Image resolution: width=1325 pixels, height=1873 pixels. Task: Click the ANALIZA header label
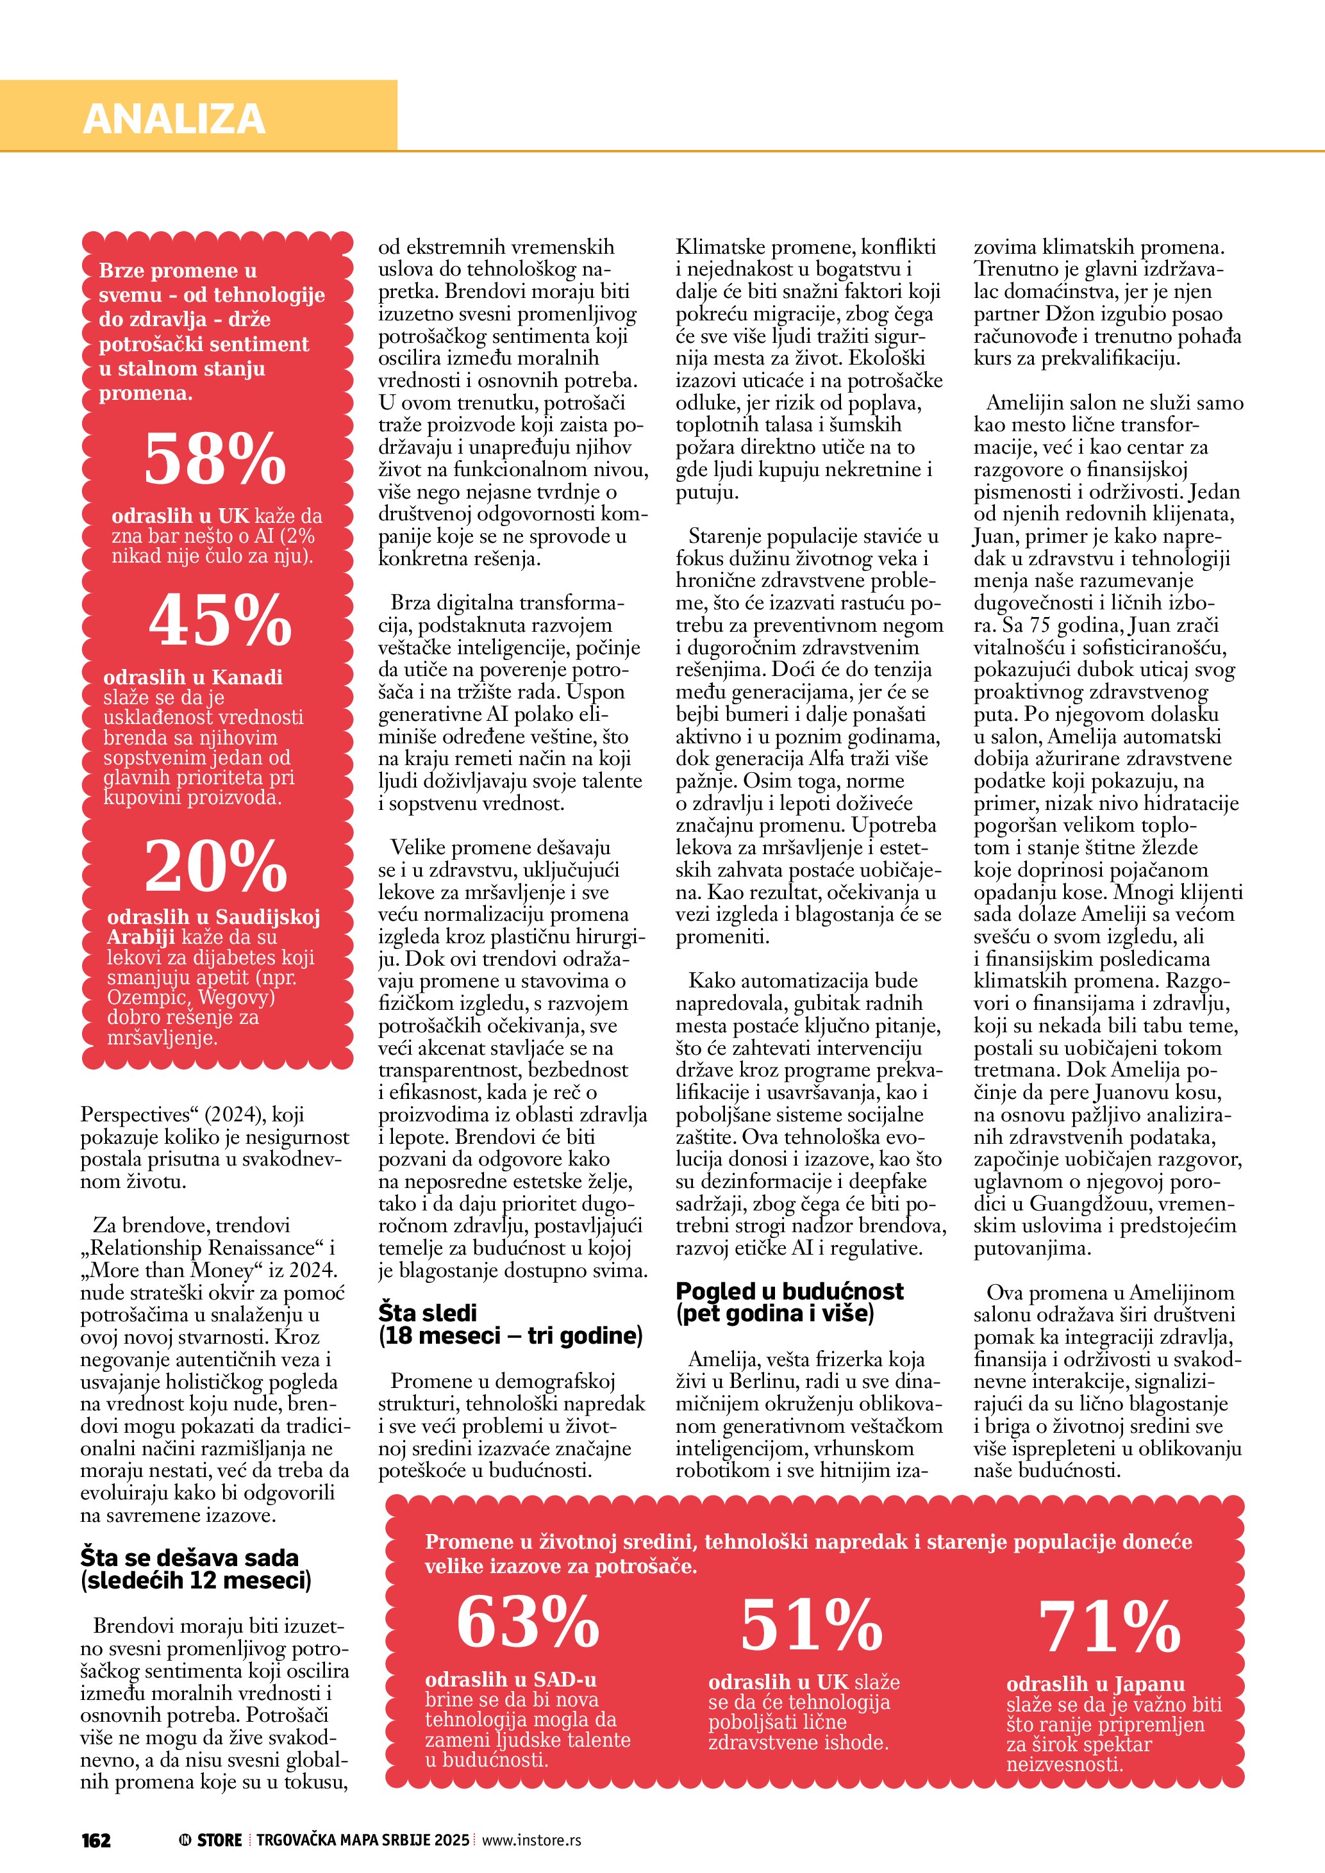174,119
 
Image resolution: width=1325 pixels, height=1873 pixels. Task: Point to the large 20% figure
216,866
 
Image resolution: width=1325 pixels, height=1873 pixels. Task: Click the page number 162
96,1840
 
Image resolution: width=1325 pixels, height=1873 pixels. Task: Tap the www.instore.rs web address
531,1840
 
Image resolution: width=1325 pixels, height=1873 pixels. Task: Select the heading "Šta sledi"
428,1312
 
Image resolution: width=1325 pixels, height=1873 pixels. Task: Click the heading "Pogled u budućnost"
789,1291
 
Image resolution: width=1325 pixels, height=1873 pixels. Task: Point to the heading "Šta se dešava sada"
189,1557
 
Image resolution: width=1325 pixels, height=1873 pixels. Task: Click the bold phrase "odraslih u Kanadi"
192,677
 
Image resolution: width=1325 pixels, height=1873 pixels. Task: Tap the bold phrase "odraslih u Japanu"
1095,1684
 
